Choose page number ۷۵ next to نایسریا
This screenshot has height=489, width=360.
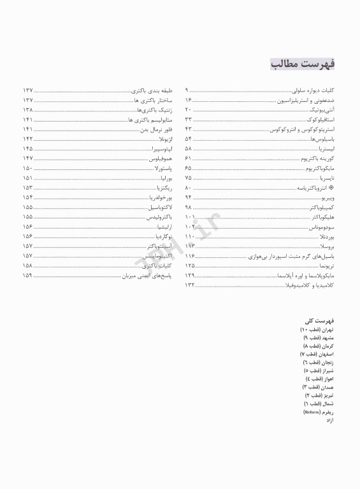[189, 179]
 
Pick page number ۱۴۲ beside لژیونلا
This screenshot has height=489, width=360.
[28, 138]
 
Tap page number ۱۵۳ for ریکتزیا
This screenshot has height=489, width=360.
[28, 188]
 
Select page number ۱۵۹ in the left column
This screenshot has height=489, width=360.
[28, 276]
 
